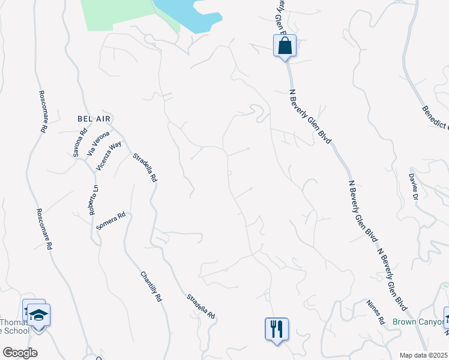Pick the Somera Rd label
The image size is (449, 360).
(110, 221)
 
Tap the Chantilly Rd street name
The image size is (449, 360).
(151, 286)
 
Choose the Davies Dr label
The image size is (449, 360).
(413, 186)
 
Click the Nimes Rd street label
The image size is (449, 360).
(375, 310)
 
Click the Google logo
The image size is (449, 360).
(20, 353)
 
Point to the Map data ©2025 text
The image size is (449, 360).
(424, 355)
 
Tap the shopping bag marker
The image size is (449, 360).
(285, 45)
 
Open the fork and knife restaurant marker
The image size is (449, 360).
(277, 329)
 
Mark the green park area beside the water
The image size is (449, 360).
(120, 13)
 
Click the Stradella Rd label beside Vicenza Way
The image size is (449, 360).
(145, 167)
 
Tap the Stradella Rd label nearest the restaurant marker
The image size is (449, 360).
(200, 306)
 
